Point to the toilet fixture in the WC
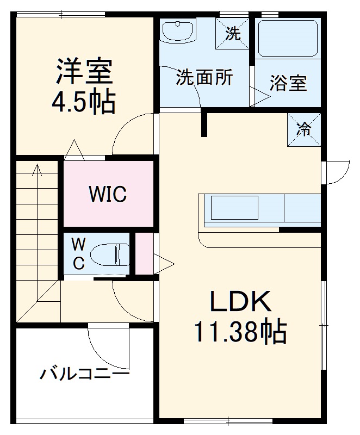click(x=109, y=254)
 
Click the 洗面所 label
click(x=204, y=77)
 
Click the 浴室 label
click(x=288, y=83)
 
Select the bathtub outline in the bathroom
click(x=287, y=38)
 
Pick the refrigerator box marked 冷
click(x=303, y=129)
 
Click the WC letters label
click(x=78, y=253)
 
